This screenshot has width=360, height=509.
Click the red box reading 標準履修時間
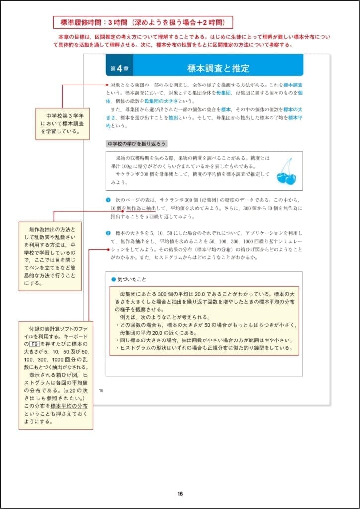(143, 22)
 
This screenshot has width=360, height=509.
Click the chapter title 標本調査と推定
(218, 68)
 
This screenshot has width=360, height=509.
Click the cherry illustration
(285, 171)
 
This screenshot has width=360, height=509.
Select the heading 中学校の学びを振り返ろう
(137, 144)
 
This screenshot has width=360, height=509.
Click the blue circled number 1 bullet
(108, 199)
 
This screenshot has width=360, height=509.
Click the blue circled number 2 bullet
(108, 233)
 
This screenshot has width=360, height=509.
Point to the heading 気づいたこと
(132, 279)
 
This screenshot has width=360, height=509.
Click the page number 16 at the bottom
(180, 494)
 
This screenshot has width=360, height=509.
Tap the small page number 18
(101, 389)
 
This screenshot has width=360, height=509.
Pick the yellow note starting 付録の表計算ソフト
(56, 375)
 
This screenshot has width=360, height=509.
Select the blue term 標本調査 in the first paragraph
(293, 85)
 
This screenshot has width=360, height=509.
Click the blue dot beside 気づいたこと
(113, 279)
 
